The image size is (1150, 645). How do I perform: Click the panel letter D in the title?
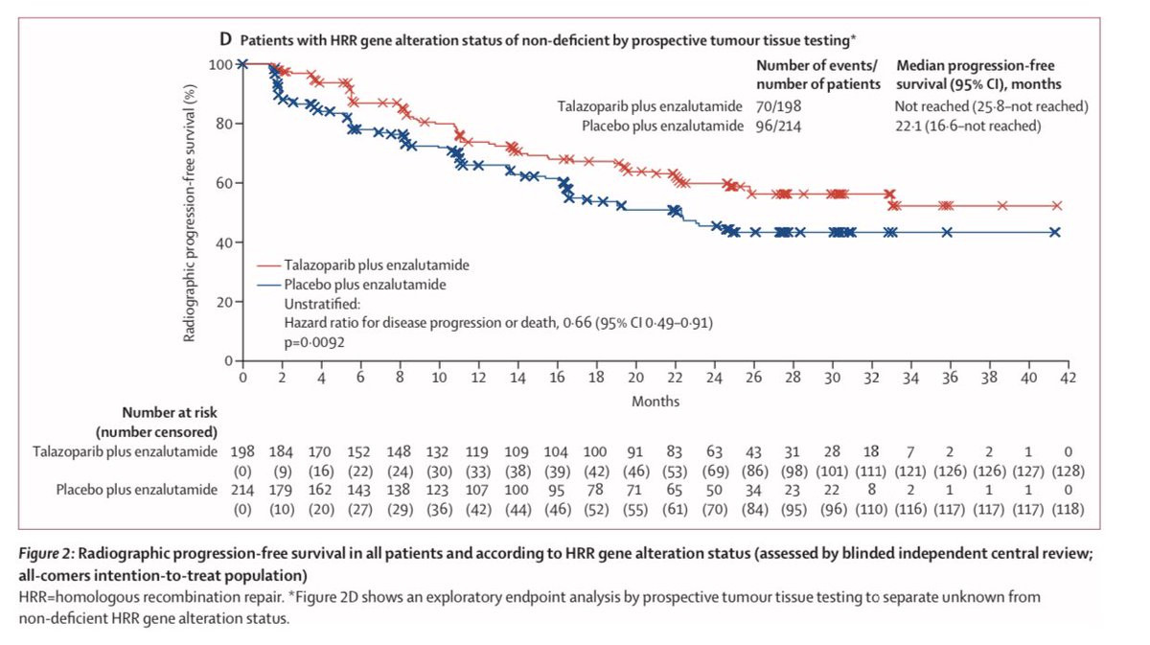226,40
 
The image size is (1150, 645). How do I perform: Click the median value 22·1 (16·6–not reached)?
968,126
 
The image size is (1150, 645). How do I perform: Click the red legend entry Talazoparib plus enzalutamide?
376,265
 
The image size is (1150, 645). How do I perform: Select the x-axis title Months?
655,401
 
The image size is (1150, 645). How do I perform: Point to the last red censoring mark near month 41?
1056,205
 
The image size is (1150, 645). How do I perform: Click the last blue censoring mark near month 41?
1054,232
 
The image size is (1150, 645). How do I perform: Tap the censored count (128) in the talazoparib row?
1068,470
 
